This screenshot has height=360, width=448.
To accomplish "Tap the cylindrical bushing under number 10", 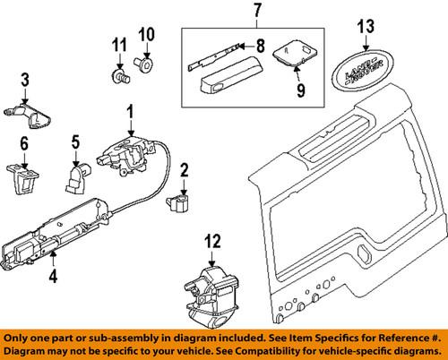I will click(x=145, y=64).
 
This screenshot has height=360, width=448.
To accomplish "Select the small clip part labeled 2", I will click(x=177, y=201).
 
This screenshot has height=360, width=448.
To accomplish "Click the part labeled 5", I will click(x=75, y=179).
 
